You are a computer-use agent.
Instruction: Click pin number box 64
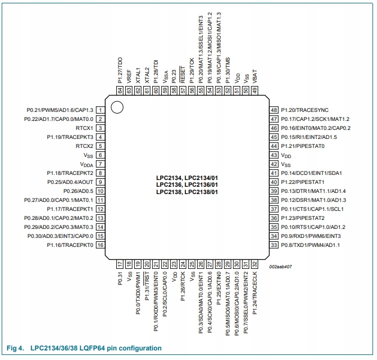(x=120, y=90)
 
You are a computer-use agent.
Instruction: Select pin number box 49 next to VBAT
(x=255, y=90)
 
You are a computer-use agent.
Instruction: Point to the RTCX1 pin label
(x=83, y=128)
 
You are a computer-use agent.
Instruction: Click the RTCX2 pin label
(x=83, y=146)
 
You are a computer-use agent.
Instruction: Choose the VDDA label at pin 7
(x=87, y=164)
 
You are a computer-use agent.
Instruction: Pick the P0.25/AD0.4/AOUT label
(x=66, y=182)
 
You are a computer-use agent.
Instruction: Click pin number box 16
(x=100, y=245)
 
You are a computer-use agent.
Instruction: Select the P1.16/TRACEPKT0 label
(x=69, y=245)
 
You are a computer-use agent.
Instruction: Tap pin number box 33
(x=275, y=245)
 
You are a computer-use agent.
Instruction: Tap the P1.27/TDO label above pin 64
(x=120, y=69)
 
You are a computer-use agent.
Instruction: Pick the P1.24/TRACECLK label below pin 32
(x=255, y=289)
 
